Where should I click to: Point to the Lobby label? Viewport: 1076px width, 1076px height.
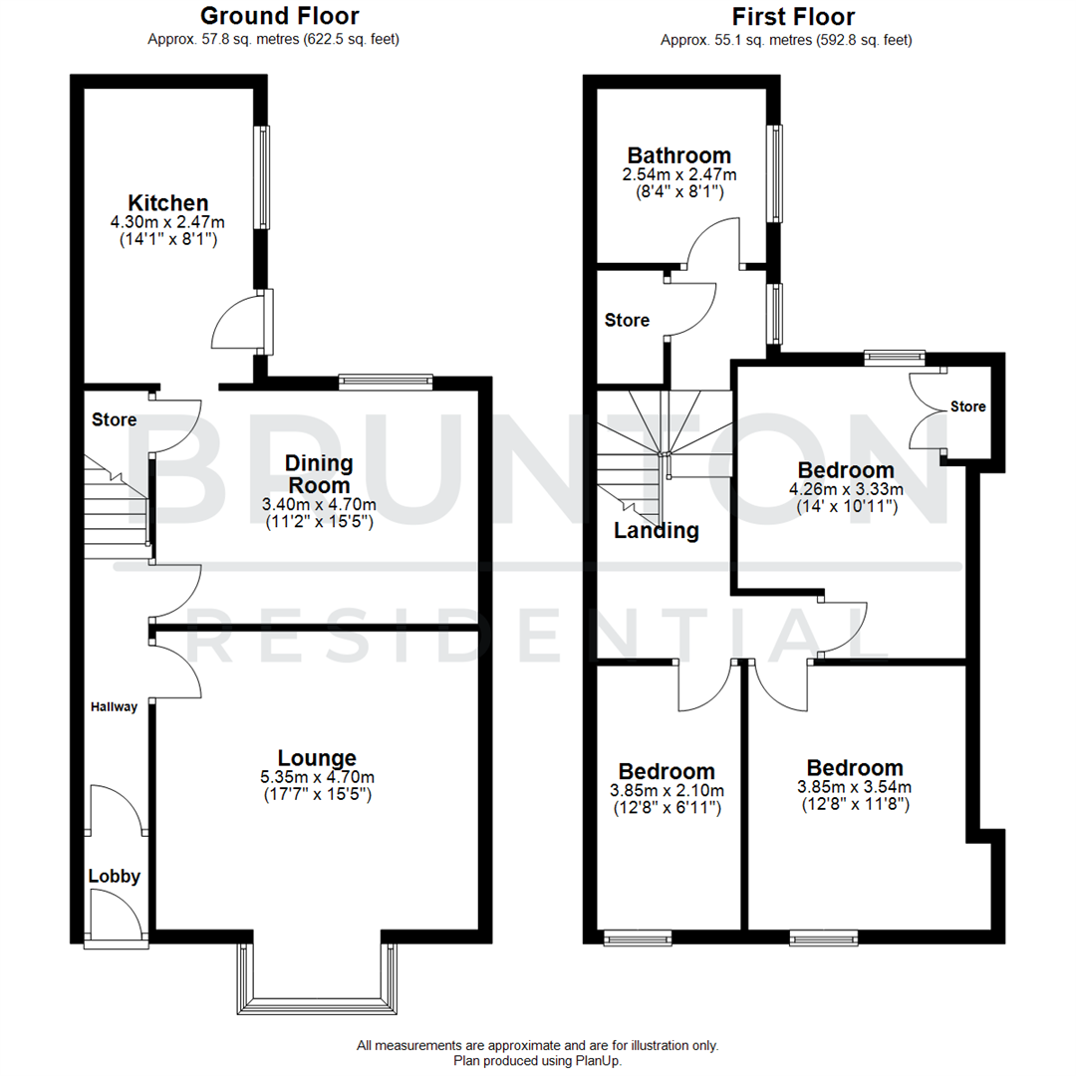pos(115,877)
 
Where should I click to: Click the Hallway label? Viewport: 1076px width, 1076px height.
pos(115,707)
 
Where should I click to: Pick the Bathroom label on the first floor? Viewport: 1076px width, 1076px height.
pos(678,155)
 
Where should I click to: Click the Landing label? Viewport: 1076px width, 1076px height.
pos(656,531)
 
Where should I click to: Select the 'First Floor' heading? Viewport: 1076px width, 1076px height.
pos(793,16)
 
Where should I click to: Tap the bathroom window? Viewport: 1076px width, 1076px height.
pos(774,173)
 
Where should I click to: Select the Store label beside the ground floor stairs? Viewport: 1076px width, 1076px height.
pos(115,420)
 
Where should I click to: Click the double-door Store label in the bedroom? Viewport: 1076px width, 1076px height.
pos(967,406)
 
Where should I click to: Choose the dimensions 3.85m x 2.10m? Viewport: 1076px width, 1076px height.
pos(666,790)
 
